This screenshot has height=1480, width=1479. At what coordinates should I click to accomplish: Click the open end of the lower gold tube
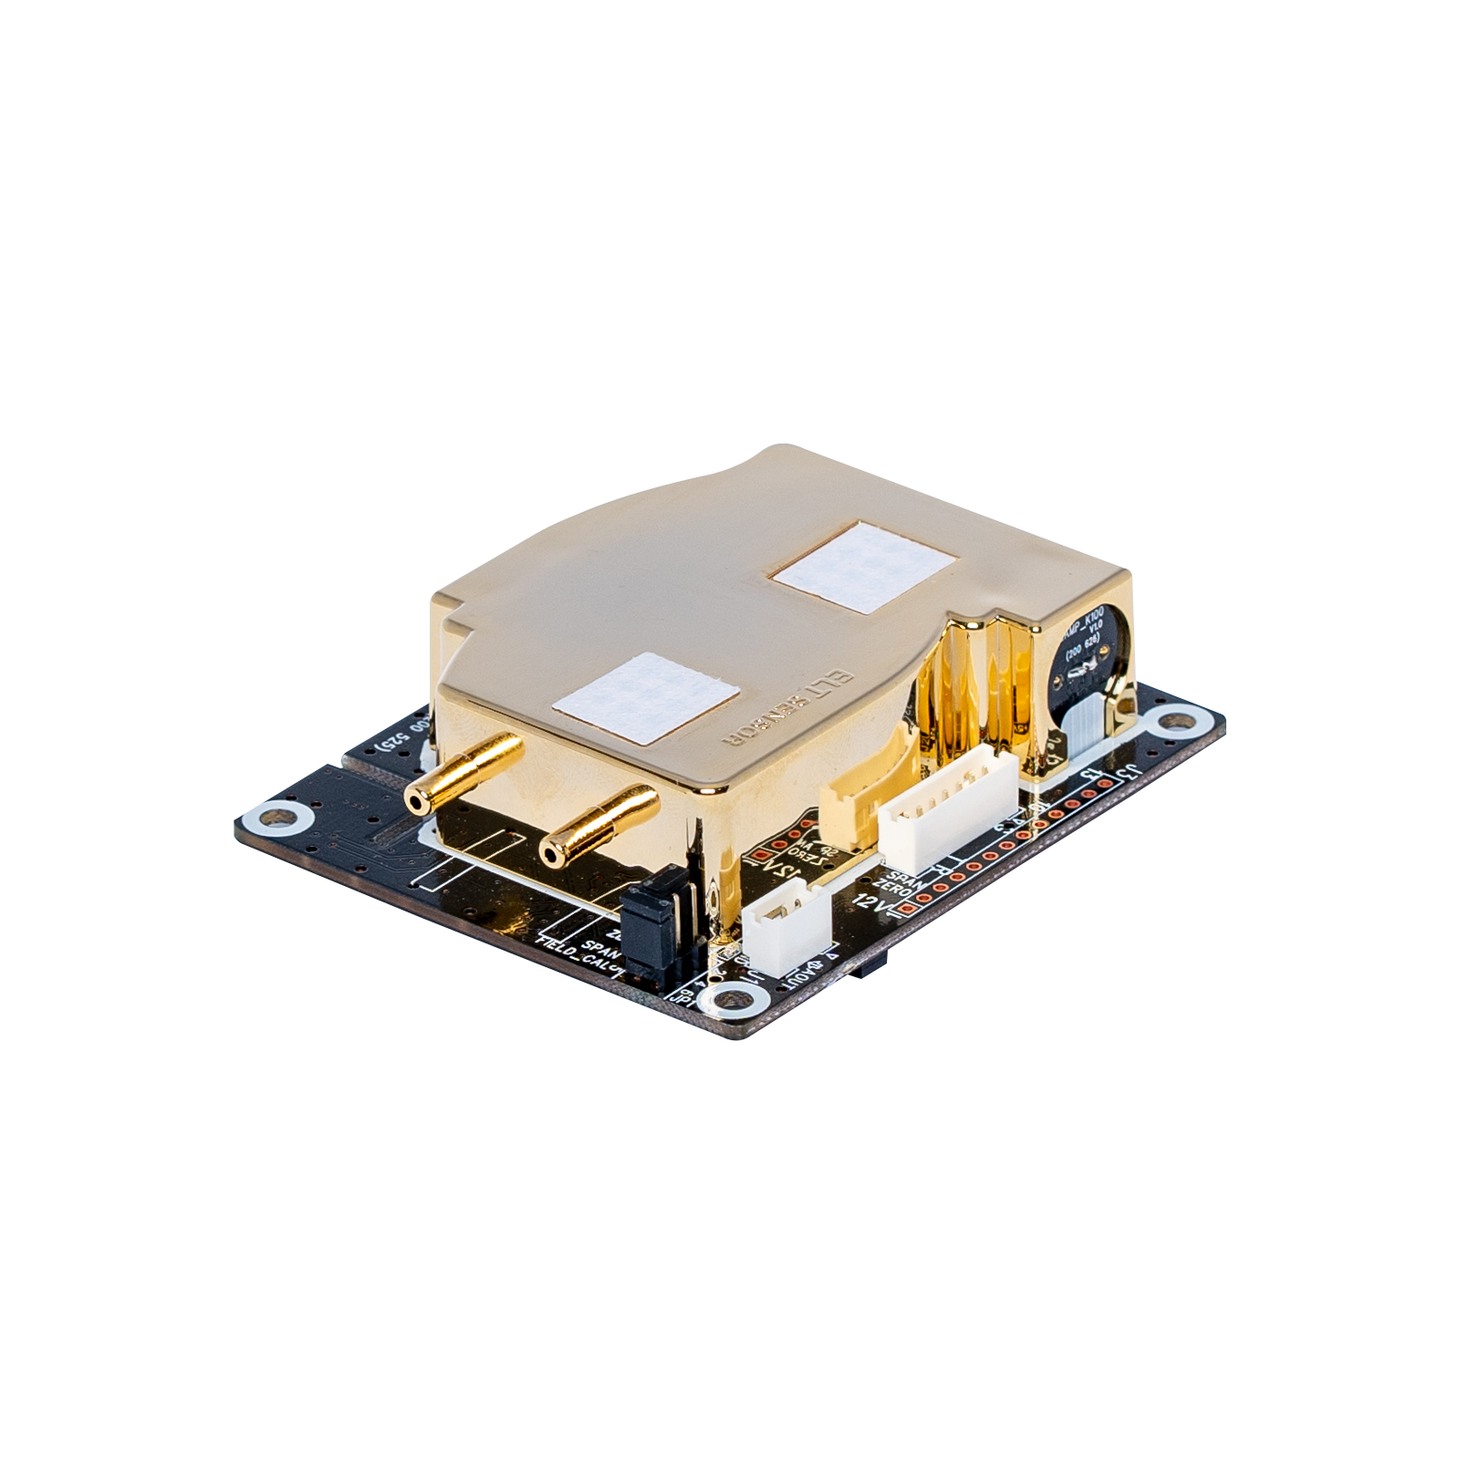coord(551,854)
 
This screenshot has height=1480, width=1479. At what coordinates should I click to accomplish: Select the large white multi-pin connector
coord(949,812)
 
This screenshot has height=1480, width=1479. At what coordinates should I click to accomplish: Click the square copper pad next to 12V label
coord(904,910)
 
